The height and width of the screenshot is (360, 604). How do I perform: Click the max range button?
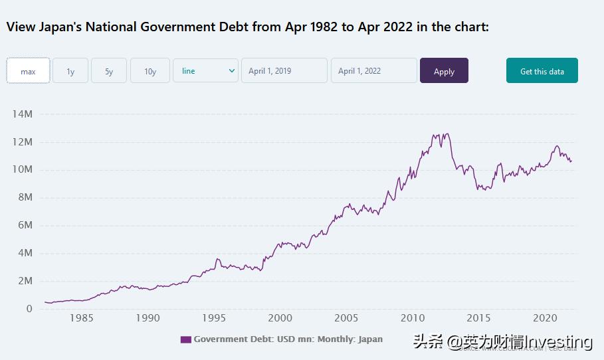click(28, 70)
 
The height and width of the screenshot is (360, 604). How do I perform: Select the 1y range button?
click(70, 70)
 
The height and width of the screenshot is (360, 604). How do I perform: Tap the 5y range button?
click(109, 70)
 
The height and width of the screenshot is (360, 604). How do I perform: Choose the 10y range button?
click(150, 70)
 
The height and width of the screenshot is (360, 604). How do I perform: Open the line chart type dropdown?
click(205, 70)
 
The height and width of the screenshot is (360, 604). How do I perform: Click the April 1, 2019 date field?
click(284, 70)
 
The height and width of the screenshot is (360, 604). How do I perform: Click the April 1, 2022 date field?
click(373, 70)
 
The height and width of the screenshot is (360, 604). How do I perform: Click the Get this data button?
click(542, 70)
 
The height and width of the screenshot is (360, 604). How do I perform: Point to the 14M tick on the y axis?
click(22, 114)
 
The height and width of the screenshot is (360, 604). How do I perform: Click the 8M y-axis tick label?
click(25, 197)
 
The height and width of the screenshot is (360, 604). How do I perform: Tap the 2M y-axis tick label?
click(25, 281)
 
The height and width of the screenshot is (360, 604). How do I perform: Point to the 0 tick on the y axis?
click(29, 309)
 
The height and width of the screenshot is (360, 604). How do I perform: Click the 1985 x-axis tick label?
click(81, 318)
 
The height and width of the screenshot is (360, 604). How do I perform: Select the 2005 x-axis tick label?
click(346, 318)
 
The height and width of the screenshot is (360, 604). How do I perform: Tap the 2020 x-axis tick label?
click(545, 318)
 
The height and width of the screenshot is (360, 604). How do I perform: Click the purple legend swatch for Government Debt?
click(185, 339)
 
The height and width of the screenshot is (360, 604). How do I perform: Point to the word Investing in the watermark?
click(559, 342)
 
